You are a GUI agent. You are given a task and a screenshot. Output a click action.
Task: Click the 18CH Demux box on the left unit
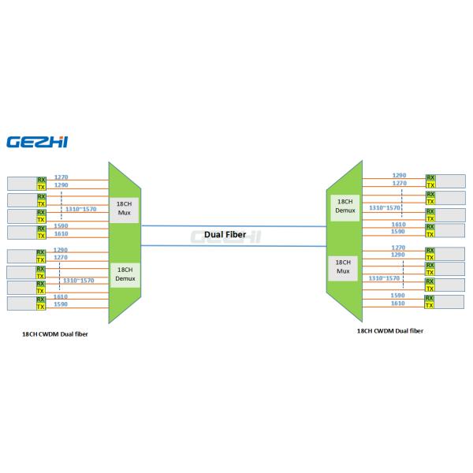[x=123, y=274]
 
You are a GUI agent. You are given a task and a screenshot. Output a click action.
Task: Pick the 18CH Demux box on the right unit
[x=344, y=207]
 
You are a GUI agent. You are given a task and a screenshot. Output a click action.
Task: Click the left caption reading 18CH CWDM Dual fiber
[x=55, y=333]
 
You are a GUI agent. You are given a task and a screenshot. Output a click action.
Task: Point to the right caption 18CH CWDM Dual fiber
[x=389, y=330]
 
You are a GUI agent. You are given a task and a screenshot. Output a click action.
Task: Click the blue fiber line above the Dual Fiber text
[x=236, y=225]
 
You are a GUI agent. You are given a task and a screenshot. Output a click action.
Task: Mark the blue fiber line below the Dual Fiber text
[x=236, y=246]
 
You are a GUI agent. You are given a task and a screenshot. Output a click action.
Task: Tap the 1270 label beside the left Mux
[x=61, y=177]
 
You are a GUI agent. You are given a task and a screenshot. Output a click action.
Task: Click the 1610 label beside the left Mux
[x=61, y=234]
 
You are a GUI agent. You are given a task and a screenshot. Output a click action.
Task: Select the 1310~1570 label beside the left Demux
[x=79, y=280]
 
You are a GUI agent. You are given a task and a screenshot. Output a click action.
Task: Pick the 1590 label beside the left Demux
[x=61, y=304]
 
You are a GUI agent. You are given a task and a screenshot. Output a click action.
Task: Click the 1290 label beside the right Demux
[x=400, y=175]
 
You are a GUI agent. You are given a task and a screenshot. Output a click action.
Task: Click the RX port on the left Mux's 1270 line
[x=41, y=181]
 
